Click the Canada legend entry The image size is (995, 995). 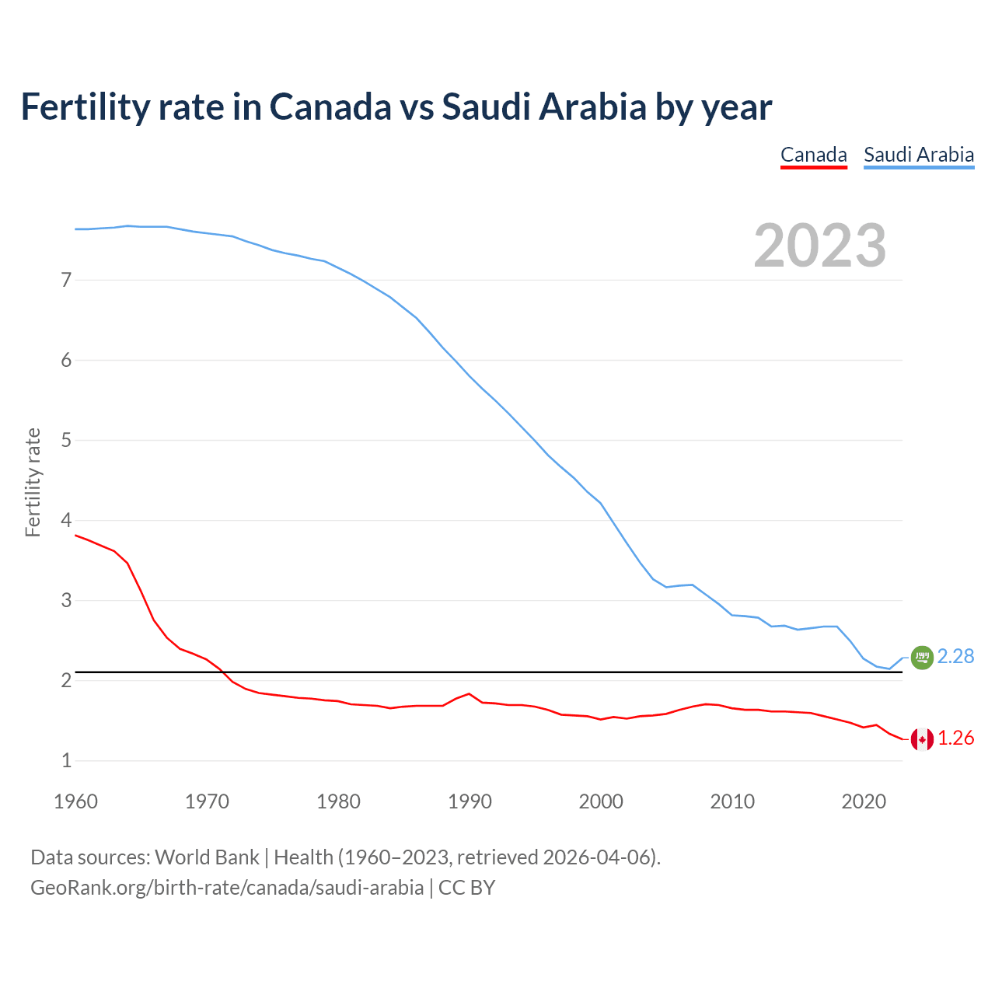(813, 155)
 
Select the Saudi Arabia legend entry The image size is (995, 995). (919, 155)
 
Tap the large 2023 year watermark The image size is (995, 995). (820, 246)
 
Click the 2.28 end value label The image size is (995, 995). (955, 657)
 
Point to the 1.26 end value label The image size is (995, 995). (955, 738)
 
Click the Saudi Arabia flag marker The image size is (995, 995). (922, 658)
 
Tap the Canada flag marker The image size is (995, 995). (922, 739)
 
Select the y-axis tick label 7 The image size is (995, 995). (66, 280)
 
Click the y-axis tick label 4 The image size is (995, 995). (66, 520)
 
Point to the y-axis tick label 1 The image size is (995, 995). (66, 761)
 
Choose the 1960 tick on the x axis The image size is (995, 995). (75, 801)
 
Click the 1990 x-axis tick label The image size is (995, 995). (470, 801)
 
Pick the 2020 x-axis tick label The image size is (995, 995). (864, 801)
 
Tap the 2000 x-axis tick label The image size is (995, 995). (601, 801)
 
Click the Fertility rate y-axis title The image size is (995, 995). (33, 482)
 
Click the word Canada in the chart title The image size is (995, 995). (330, 107)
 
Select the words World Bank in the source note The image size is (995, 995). (207, 857)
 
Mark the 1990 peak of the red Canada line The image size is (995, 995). (469, 693)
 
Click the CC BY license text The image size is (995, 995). (466, 888)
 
